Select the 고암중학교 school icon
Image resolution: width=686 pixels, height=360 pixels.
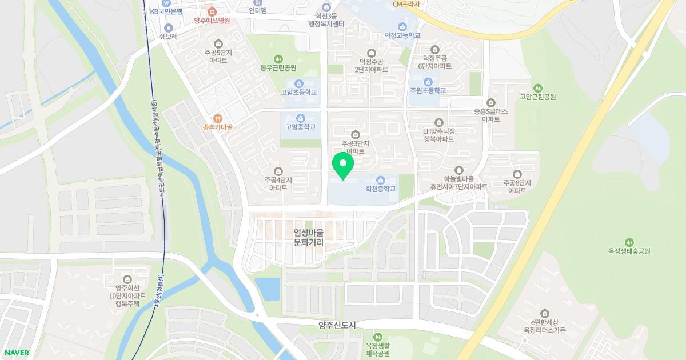pyautogui.click(x=301, y=118)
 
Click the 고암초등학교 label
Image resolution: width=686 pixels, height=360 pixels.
pyautogui.click(x=298, y=93)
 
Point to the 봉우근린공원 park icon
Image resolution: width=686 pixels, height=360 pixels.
pyautogui.click(x=278, y=59)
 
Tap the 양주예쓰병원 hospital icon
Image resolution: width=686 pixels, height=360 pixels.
pyautogui.click(x=212, y=11)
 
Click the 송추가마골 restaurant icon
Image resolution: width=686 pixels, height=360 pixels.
pyautogui.click(x=217, y=118)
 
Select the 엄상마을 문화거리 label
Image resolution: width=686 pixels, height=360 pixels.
pyautogui.click(x=309, y=238)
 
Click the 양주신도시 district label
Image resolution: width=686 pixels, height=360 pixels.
pyautogui.click(x=337, y=325)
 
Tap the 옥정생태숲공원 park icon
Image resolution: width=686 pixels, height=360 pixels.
pyautogui.click(x=629, y=242)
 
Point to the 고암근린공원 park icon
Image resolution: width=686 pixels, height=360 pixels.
pyautogui.click(x=537, y=88)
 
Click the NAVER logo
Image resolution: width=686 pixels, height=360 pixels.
pyautogui.click(x=16, y=353)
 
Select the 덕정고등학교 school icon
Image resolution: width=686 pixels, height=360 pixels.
pyautogui.click(x=402, y=26)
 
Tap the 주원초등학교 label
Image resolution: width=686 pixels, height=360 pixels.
pyautogui.click(x=428, y=91)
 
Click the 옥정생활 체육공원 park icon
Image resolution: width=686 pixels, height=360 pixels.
pyautogui.click(x=378, y=337)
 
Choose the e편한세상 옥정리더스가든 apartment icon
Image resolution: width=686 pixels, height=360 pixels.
pyautogui.click(x=544, y=314)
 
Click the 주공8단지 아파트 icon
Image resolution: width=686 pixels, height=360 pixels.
pyautogui.click(x=517, y=174)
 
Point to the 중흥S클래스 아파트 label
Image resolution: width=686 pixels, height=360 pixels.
pyautogui.click(x=491, y=115)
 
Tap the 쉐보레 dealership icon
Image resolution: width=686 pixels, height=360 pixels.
pyautogui.click(x=169, y=28)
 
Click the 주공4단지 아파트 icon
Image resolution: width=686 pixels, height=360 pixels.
pyautogui.click(x=278, y=171)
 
